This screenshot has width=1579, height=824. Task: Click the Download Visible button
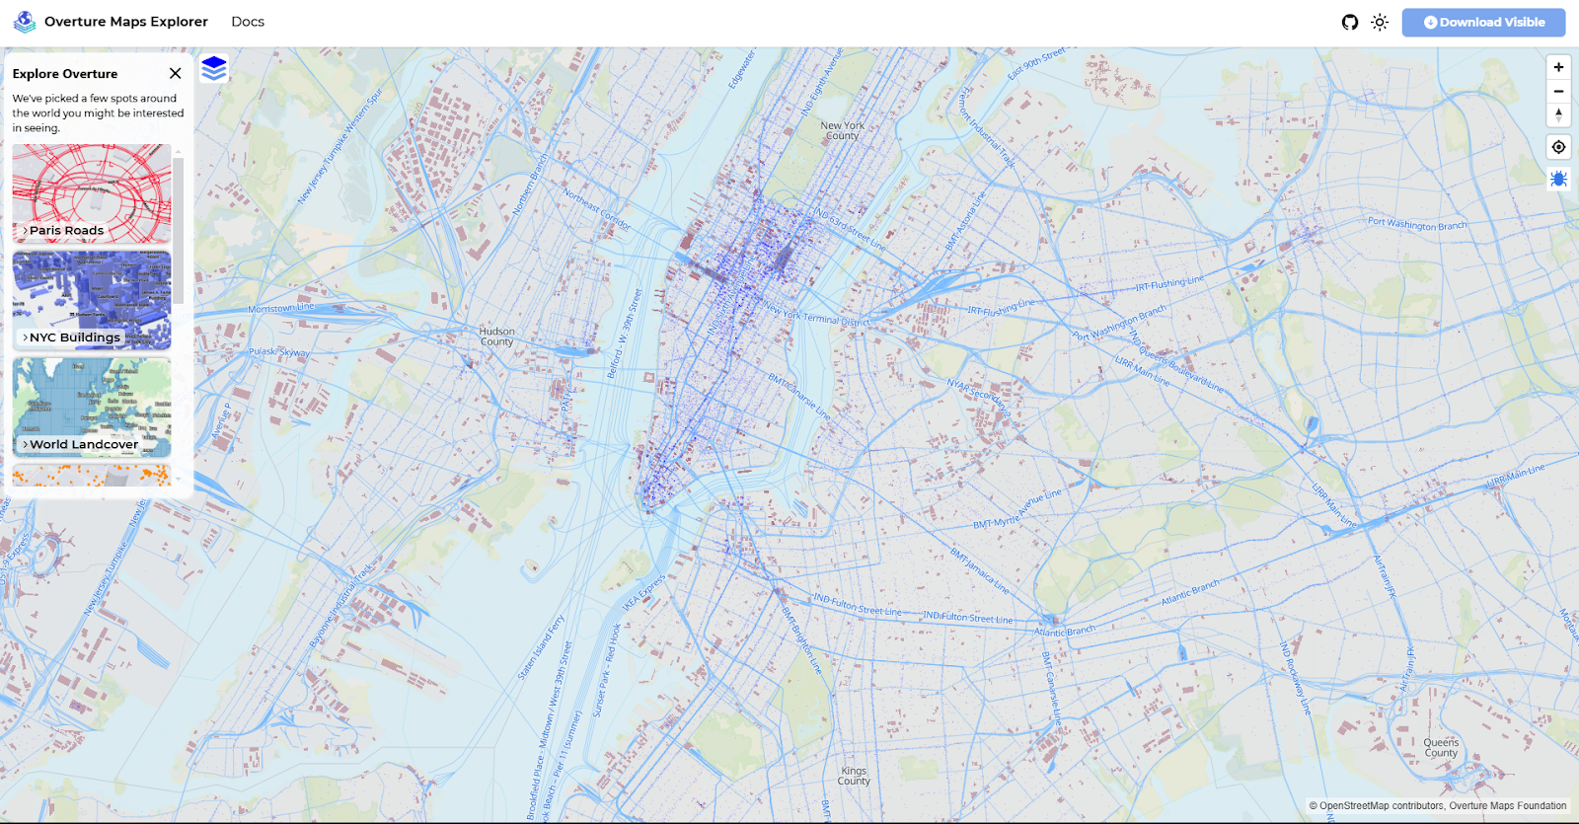coord(1483,22)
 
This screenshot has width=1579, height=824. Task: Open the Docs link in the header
coord(248,22)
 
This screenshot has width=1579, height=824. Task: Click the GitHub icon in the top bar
coord(1350,22)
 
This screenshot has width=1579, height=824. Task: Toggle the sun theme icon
coord(1380,22)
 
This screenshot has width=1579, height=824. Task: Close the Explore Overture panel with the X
coord(175,73)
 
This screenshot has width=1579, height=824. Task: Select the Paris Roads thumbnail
coord(92,193)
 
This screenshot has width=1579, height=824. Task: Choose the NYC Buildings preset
coord(92,300)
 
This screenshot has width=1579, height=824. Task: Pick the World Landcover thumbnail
coord(92,407)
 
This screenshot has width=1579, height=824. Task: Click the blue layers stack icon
coord(214,68)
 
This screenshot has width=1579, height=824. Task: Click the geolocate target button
coord(1558,147)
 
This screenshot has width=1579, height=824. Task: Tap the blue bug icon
coord(1558,179)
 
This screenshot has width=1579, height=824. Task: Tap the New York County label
coord(842,130)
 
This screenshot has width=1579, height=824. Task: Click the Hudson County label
coord(496,337)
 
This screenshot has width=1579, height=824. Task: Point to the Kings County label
coord(854,776)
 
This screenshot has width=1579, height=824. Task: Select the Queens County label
coord(1441,747)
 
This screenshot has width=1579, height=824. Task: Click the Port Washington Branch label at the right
coord(1416,225)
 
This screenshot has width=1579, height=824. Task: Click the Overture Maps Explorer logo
coord(25,22)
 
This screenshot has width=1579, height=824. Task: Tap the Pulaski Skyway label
coord(278,352)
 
